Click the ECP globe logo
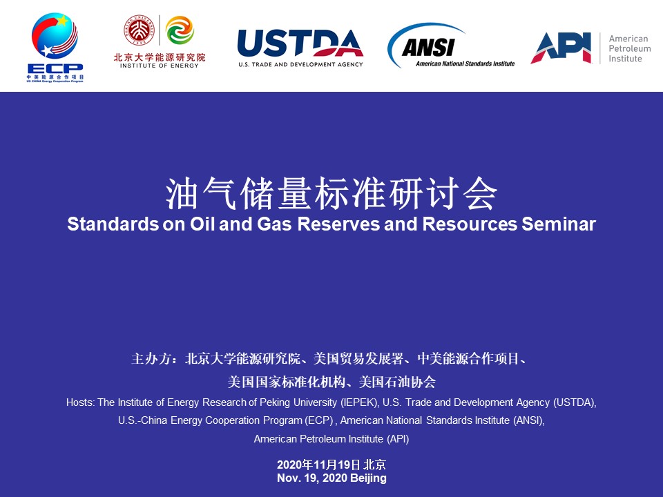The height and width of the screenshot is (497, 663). click(55, 36)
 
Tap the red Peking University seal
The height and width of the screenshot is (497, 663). click(139, 30)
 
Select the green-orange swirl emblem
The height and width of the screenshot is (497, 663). click(180, 30)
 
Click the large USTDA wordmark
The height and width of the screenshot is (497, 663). click(300, 43)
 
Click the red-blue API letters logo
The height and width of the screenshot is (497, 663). click(561, 48)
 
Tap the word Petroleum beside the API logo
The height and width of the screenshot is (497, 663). click(630, 48)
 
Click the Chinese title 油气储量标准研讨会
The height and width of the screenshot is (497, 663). click(331, 194)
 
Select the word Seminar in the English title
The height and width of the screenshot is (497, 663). click(559, 224)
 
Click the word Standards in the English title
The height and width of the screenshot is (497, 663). click(113, 224)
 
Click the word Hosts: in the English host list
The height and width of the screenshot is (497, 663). click(81, 402)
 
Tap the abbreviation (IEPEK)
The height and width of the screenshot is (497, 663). click(359, 402)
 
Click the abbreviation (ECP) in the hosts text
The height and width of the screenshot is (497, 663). click(319, 420)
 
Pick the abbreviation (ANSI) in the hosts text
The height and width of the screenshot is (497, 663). click(529, 420)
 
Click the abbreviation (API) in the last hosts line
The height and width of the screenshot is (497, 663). click(398, 439)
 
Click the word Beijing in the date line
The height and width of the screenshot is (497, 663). click(368, 478)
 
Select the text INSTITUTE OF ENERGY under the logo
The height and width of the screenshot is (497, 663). click(160, 66)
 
